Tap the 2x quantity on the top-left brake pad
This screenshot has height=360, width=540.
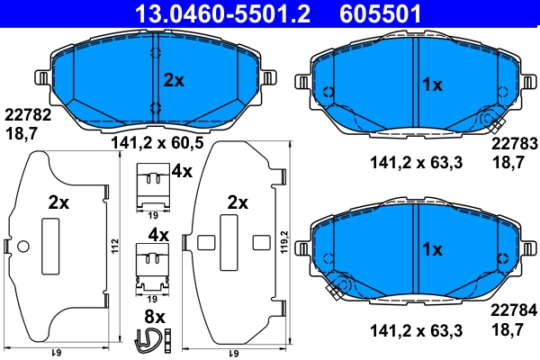coord(173,80)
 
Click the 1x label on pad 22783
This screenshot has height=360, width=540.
coord(432,85)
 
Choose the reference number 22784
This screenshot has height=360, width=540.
coord(512,310)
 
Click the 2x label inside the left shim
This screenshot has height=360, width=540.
coord(58,203)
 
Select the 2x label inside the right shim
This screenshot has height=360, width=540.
coord(238,202)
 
